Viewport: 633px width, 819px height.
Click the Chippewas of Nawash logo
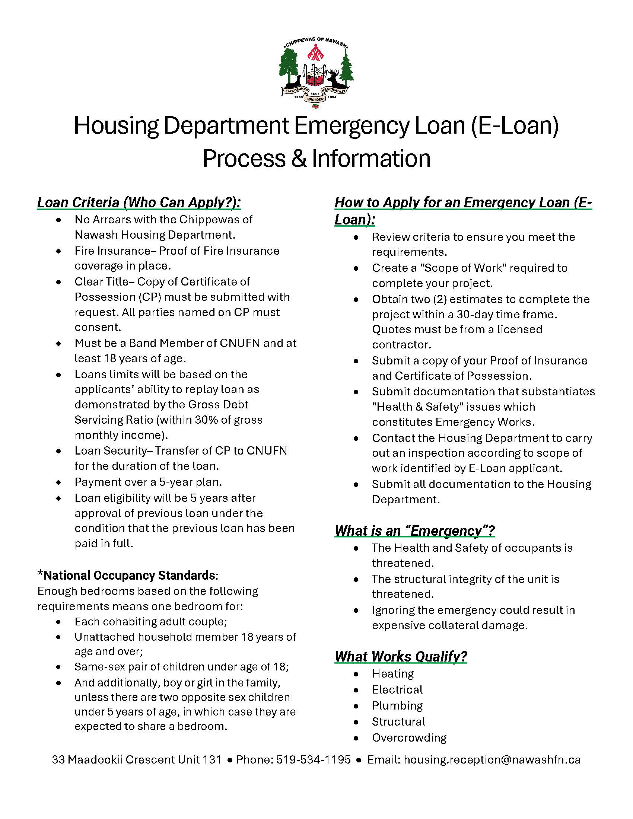coord(316,73)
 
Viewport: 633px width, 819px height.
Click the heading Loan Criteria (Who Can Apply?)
coord(139,203)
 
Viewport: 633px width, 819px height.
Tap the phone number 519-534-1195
coord(314,760)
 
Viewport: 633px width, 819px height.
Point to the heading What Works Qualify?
coord(401,657)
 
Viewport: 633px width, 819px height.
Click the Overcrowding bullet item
coord(409,737)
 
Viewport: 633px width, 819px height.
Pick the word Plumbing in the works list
coord(397,705)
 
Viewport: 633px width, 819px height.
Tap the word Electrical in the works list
coord(397,689)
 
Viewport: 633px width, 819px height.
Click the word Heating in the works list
coord(392,673)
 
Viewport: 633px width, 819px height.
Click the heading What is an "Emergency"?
coord(414,530)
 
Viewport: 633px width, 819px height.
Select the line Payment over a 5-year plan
coord(148,482)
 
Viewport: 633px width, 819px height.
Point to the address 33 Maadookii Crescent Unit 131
coord(137,760)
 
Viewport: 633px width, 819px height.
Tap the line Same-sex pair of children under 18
coord(181,666)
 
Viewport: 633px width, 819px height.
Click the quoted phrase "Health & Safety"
coord(454,407)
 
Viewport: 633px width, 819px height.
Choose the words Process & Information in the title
coord(316,158)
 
